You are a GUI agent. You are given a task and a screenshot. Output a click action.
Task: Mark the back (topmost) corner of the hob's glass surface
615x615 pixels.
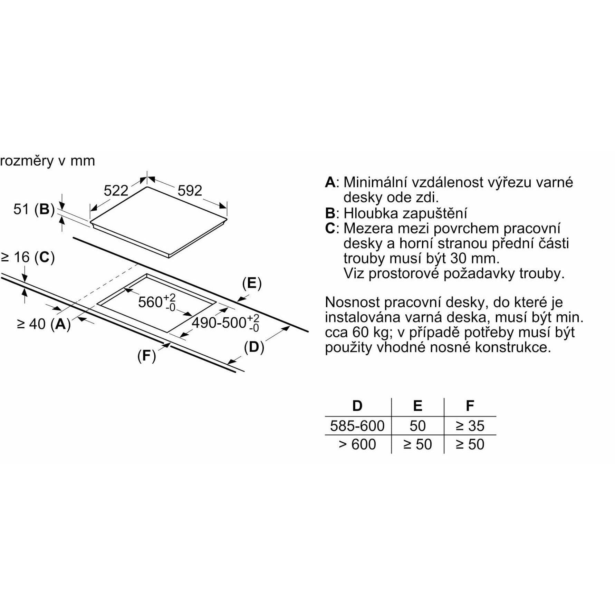pyautogui.click(x=147, y=187)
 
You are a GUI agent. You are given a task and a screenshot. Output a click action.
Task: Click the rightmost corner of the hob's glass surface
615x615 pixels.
pyautogui.click(x=228, y=220)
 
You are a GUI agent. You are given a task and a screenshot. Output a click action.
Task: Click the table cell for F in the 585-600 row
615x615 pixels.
pyautogui.click(x=470, y=425)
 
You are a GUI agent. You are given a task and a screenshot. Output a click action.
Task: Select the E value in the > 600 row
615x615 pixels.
pyautogui.click(x=417, y=444)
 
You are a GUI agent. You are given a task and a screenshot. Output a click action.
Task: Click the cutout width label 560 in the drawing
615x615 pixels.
pyautogui.click(x=150, y=302)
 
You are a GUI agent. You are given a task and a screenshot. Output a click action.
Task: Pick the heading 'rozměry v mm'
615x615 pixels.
pyautogui.click(x=47, y=161)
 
